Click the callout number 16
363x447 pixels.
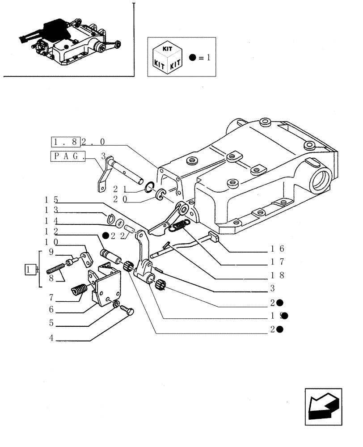277,249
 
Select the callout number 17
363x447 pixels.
277,262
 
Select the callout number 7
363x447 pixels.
51,297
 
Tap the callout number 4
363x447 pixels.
51,339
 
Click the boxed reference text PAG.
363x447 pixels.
69,156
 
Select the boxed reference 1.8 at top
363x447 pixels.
66,142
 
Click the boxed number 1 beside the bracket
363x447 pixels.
30,270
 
